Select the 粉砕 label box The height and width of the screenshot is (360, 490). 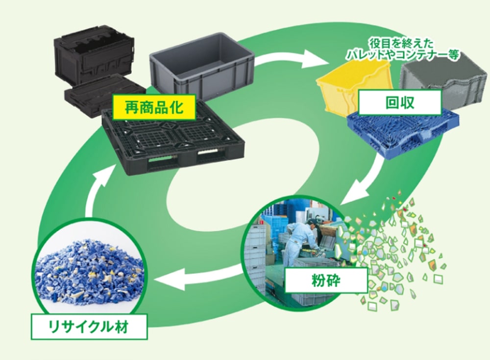(325, 282)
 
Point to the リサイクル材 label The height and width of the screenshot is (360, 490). (89, 327)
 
